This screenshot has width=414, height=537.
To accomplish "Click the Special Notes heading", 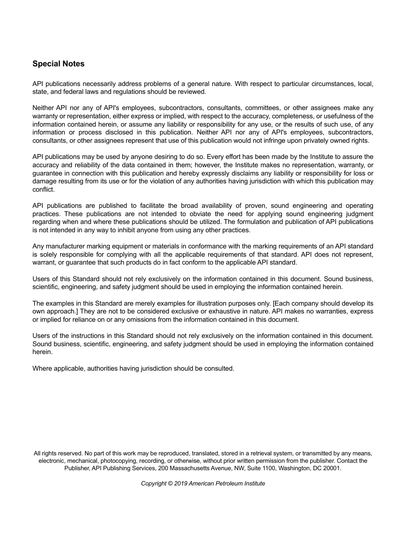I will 58,64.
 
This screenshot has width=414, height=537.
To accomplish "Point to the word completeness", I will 291,116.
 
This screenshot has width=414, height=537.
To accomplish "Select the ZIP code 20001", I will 332,468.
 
